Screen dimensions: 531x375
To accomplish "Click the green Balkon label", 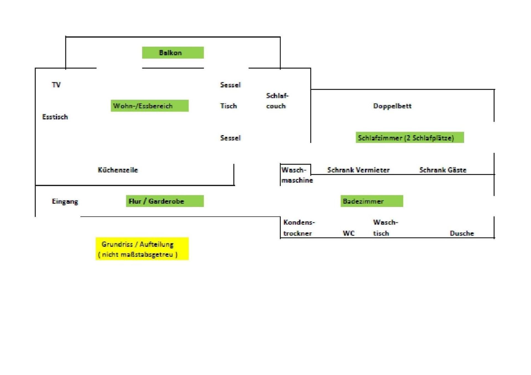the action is pos(173,53).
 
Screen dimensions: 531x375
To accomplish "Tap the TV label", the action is pos(56,85).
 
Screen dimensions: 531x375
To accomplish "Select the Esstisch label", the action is pos(55,117).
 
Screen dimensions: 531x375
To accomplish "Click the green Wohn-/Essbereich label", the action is pos(150,106).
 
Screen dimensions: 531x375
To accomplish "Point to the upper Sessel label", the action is pos(230,85).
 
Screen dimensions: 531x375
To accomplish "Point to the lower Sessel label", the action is pos(230,138).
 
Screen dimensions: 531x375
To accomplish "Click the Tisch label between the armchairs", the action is pos(228,106).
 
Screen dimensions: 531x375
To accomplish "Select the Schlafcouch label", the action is pos(277,101).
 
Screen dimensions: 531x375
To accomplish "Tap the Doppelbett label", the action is pos(392,106).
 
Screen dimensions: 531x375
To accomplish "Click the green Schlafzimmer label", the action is pos(410,137).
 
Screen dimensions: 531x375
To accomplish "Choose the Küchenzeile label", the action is pos(118,170).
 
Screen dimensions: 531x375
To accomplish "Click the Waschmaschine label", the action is pos(297,175).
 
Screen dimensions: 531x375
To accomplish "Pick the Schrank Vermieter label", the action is pos(358,170).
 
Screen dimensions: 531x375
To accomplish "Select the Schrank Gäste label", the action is pos(443,170).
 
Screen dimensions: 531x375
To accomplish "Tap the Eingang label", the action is pos(65,201).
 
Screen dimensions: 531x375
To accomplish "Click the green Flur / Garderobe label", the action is pos(165,201).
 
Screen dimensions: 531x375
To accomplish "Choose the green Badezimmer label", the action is pos(372,201).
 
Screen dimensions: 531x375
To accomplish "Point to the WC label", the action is pos(348,233).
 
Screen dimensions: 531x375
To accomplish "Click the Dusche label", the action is pos(462,233).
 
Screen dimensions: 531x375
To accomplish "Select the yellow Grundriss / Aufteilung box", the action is pos(142,249).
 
